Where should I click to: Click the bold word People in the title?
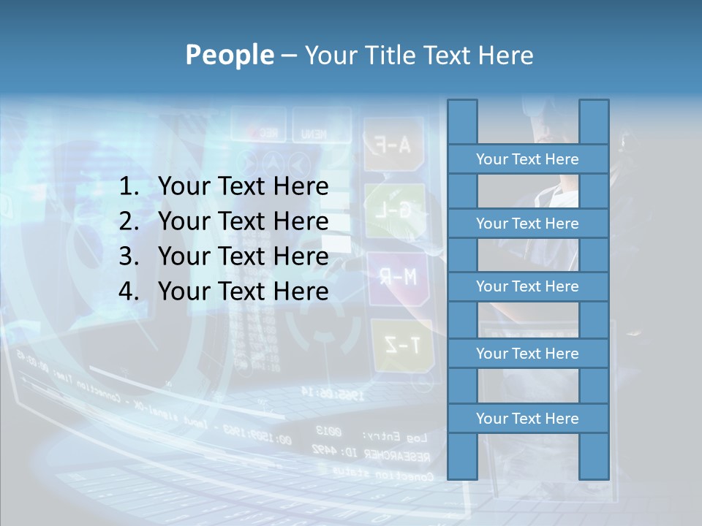(229, 56)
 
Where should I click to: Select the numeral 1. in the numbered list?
(129, 187)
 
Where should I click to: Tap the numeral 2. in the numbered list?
(129, 221)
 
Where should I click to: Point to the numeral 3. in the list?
(129, 256)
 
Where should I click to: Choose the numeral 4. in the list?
(129, 291)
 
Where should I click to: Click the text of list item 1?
(243, 187)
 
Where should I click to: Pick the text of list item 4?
(243, 291)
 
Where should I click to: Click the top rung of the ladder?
(527, 159)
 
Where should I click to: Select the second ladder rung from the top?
(527, 224)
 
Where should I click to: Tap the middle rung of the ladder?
(527, 286)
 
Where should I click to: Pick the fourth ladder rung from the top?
(527, 354)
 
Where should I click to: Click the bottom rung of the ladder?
(527, 419)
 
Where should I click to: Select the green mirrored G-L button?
(396, 210)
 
